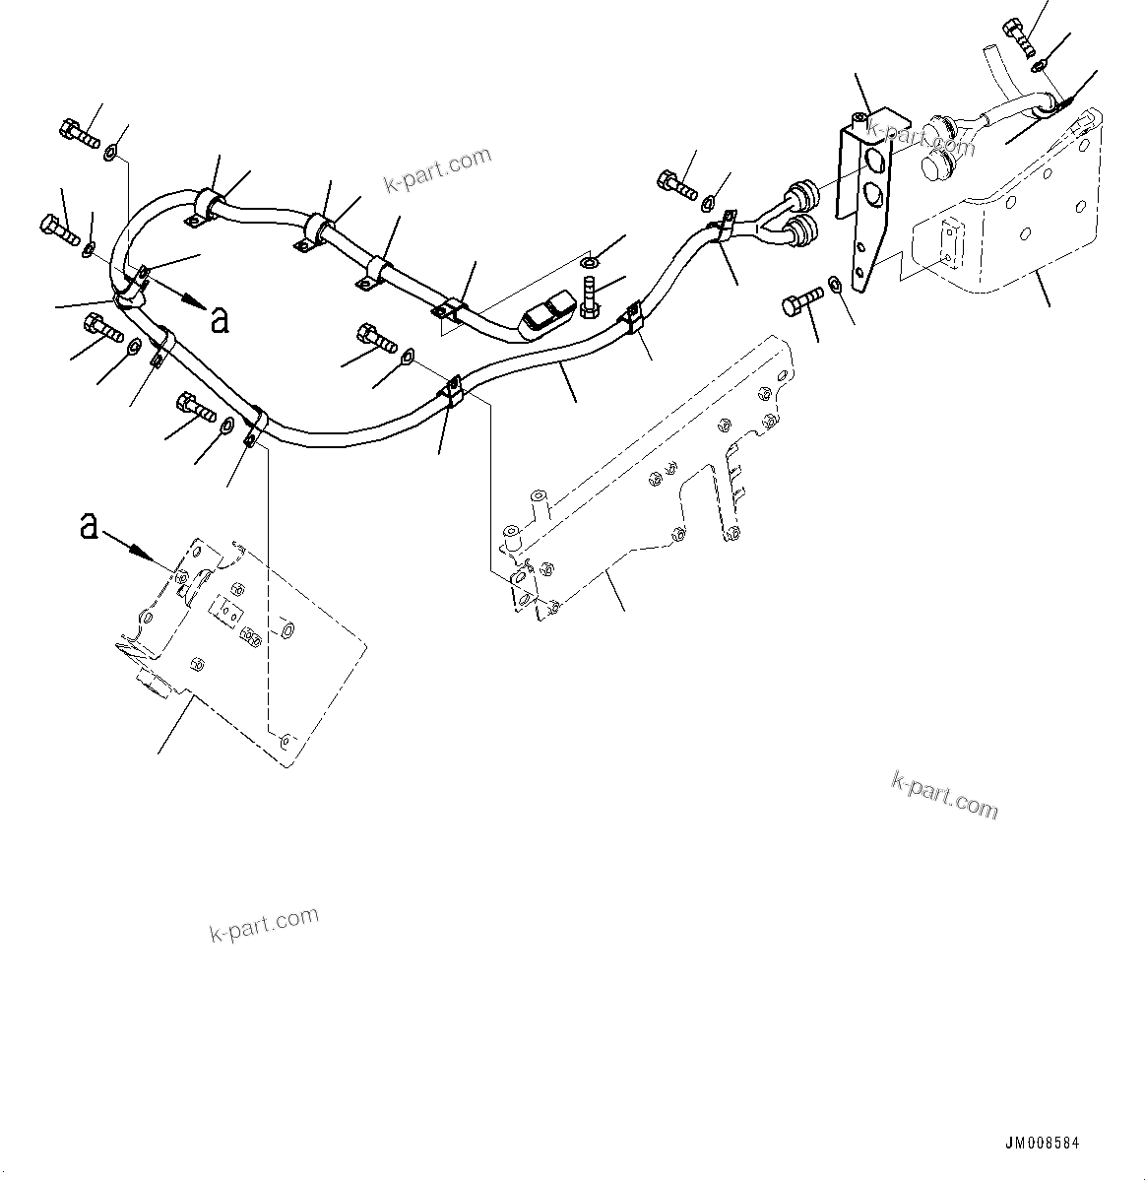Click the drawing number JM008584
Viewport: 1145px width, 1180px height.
pos(1041,1144)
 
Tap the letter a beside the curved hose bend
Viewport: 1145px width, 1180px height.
pos(221,320)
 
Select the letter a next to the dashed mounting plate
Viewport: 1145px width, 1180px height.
pos(89,527)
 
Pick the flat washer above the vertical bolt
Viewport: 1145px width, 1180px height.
pos(589,263)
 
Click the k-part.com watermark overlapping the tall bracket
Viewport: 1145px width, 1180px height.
pos(920,139)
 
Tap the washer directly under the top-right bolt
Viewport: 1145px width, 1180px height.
pos(1040,66)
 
